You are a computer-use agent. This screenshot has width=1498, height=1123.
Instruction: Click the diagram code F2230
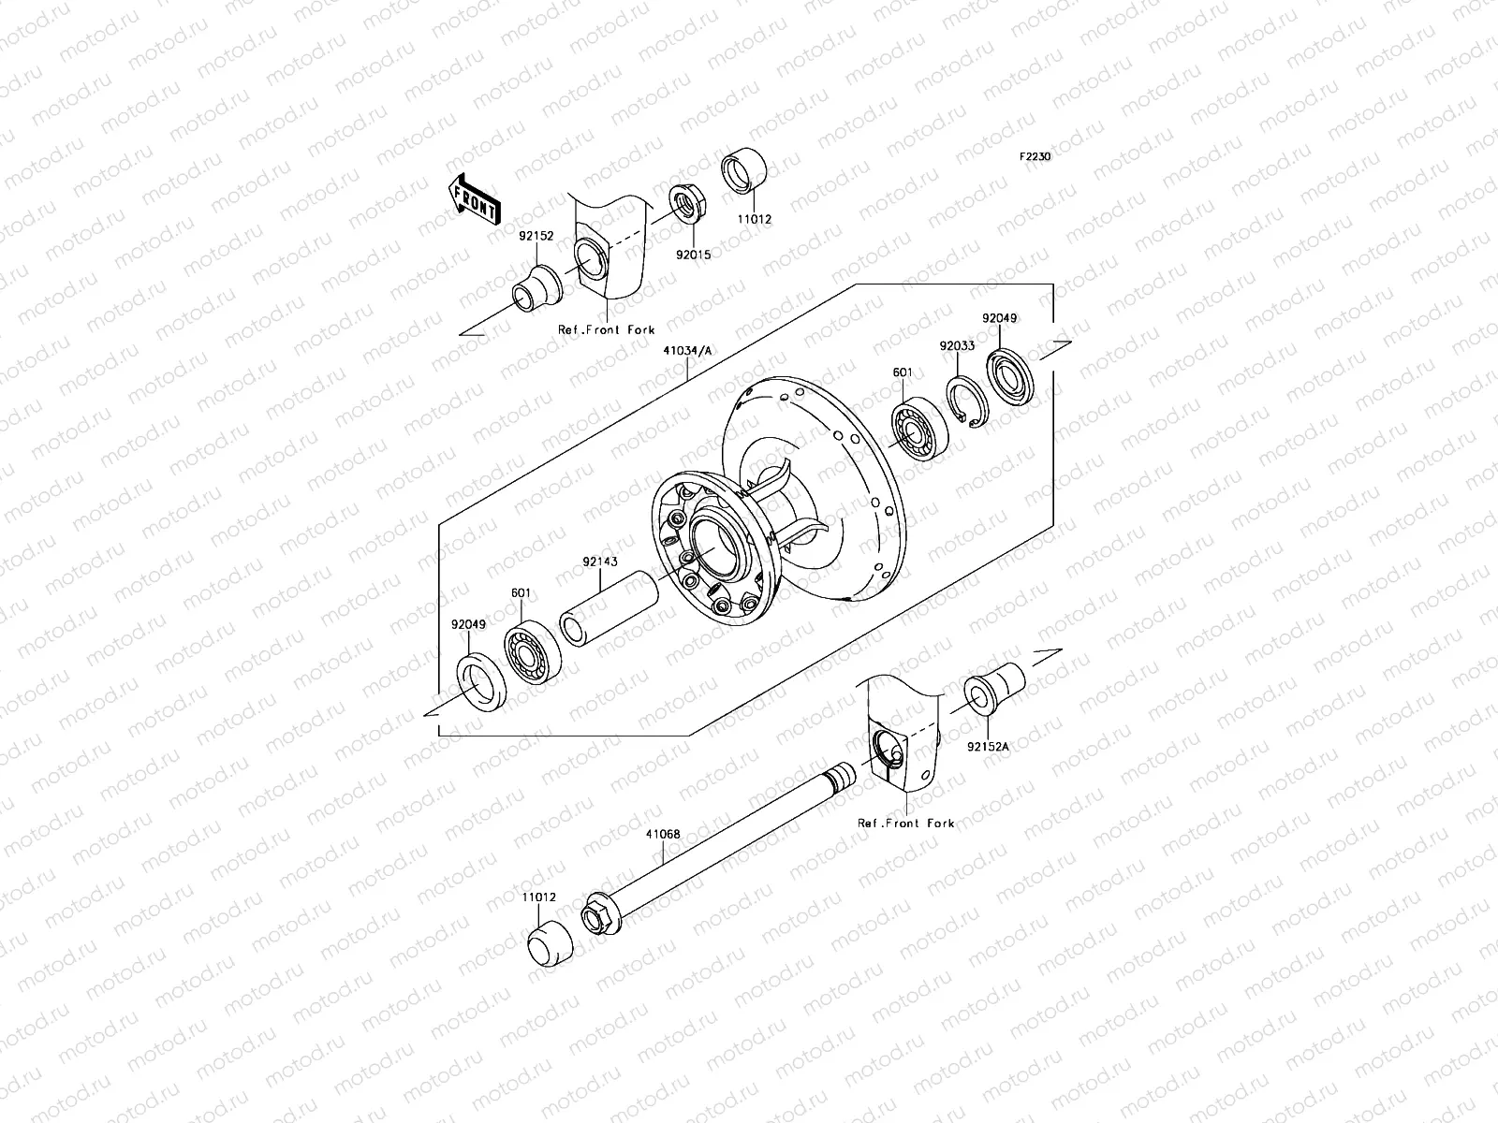(1035, 157)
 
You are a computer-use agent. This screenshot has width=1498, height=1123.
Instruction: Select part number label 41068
(662, 834)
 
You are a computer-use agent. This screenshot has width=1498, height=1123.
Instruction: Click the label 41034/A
(688, 351)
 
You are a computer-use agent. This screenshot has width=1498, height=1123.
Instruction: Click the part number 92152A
(989, 747)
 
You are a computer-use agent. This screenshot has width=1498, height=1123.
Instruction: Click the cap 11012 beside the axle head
(549, 942)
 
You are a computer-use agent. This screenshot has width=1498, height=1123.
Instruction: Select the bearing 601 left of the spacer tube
(533, 651)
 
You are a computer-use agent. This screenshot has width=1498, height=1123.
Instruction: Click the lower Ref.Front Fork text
(906, 824)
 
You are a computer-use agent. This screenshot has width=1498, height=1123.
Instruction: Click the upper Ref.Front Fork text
(607, 330)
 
